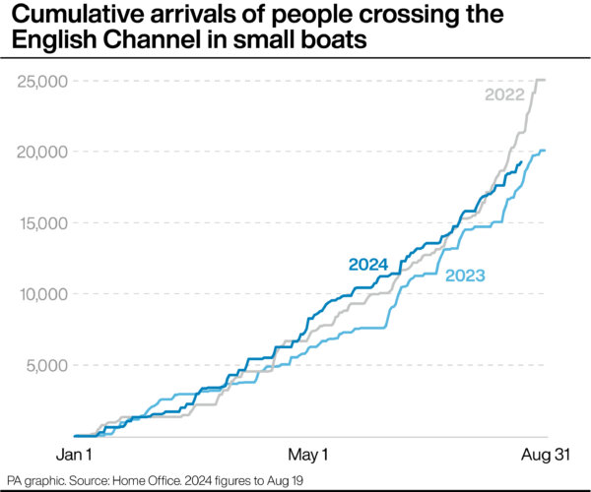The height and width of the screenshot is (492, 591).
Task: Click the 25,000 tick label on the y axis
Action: (x=42, y=82)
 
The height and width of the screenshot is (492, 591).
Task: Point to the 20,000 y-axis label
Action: (x=42, y=153)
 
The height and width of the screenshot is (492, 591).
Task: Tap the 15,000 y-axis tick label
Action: (x=43, y=223)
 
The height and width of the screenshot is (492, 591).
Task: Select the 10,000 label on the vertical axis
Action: (x=43, y=294)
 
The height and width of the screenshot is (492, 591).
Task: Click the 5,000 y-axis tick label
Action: (x=47, y=365)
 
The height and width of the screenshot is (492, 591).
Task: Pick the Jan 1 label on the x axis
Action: (x=74, y=455)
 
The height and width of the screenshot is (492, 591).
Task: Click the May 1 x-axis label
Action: (x=308, y=455)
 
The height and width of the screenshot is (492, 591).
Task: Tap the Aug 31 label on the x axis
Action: (x=546, y=455)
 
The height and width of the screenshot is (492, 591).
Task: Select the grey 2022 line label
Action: (x=504, y=94)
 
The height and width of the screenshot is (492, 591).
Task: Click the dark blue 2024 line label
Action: (x=368, y=265)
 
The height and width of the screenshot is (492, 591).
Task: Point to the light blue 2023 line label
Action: (x=465, y=276)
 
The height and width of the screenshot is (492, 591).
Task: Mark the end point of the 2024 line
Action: (x=522, y=161)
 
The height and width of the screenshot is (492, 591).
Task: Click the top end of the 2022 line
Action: (x=545, y=80)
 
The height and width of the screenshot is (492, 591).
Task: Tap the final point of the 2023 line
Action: (x=545, y=151)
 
